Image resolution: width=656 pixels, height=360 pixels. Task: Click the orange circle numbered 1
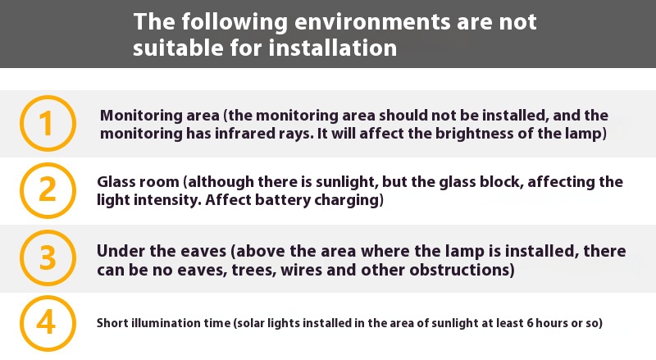[x=48, y=96]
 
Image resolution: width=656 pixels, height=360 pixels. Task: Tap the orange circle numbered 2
[x=48, y=164]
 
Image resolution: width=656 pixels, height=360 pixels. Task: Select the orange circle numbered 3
[x=48, y=230]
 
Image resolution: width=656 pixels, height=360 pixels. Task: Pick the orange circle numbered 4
[x=48, y=296]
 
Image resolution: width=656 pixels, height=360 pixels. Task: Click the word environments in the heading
[x=372, y=21]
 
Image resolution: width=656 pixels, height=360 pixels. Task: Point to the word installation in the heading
[x=333, y=48]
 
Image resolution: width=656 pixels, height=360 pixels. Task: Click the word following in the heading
[x=235, y=22]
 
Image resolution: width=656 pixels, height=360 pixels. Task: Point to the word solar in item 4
[x=251, y=323]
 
